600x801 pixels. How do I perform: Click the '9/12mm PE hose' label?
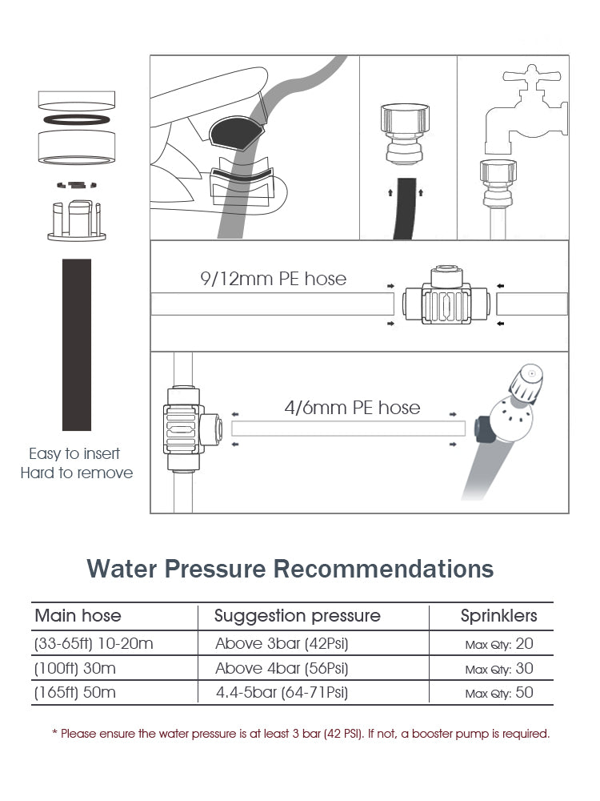tap(273, 279)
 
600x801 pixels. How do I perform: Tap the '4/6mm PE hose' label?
tap(352, 408)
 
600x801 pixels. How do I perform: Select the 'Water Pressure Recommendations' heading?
tap(290, 569)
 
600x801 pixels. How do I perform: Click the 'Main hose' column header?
tap(78, 615)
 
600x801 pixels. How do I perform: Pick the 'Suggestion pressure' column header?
tap(297, 616)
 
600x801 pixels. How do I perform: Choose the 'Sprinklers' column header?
tap(498, 616)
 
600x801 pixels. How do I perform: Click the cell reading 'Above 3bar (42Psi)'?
tap(282, 644)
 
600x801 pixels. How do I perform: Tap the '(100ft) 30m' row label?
tap(75, 668)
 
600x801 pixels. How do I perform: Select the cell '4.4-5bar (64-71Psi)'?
tap(282, 693)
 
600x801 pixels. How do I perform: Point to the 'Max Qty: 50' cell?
tap(499, 693)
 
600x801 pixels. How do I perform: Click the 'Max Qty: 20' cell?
tap(499, 644)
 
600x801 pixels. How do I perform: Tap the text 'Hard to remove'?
tap(77, 473)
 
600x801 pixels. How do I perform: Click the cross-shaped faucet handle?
tap(532, 77)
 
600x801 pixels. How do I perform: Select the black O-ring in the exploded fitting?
tap(77, 119)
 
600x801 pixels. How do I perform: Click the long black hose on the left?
tap(77, 344)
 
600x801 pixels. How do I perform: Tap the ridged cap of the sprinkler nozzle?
tap(526, 383)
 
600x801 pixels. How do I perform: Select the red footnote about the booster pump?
tap(301, 734)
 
